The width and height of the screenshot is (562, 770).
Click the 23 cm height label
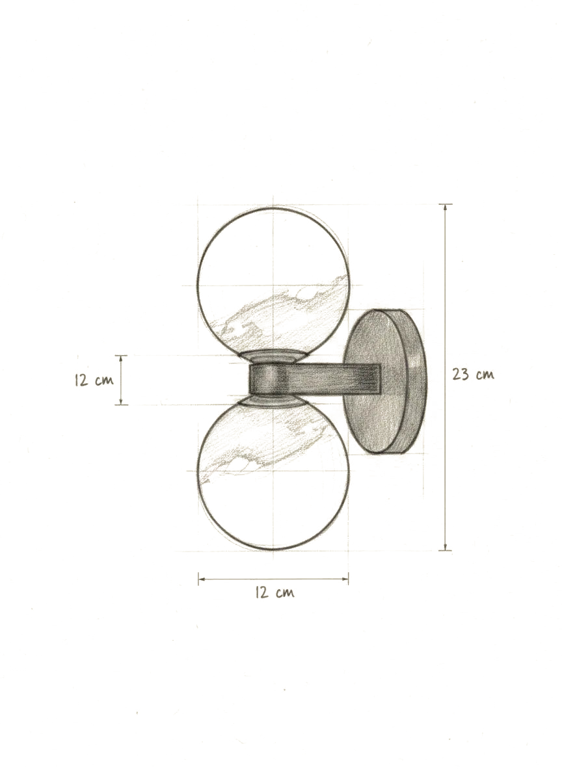[473, 375]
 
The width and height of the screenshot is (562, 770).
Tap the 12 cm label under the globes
[274, 592]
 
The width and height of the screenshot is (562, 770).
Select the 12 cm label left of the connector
[94, 380]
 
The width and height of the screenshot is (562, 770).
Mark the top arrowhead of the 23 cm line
[445, 207]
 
